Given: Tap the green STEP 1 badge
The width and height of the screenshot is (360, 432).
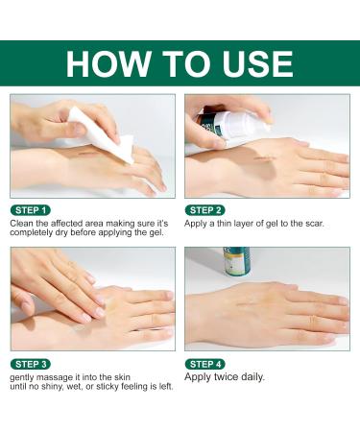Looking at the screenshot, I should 32,209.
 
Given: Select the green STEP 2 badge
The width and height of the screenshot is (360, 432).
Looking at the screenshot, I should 206,209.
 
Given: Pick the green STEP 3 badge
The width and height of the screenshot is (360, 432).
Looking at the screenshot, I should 32,364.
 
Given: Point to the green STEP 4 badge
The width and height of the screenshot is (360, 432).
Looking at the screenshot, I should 206,364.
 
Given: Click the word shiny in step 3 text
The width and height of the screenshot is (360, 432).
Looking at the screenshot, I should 53,389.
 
